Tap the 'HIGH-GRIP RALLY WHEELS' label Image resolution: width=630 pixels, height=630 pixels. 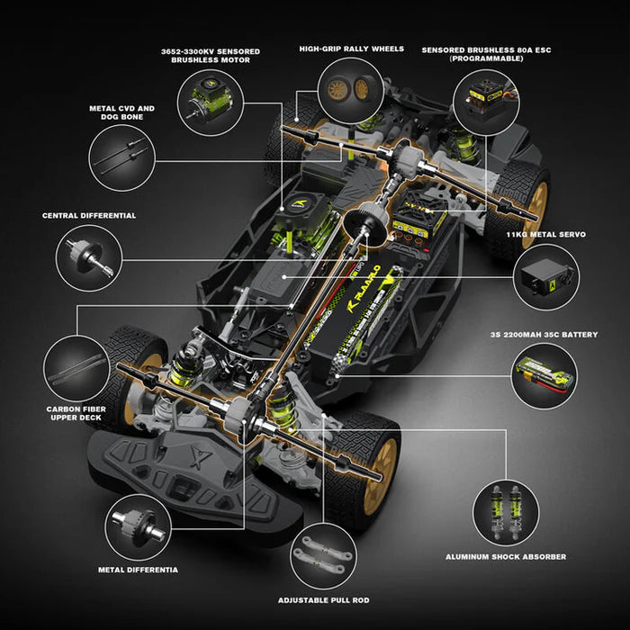(352, 49)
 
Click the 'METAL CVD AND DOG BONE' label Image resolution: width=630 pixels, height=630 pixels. (121, 112)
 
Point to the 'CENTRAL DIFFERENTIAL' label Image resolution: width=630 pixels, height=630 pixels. (89, 216)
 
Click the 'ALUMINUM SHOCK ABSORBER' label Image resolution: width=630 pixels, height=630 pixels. (506, 557)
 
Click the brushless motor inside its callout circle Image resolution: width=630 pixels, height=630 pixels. (206, 100)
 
